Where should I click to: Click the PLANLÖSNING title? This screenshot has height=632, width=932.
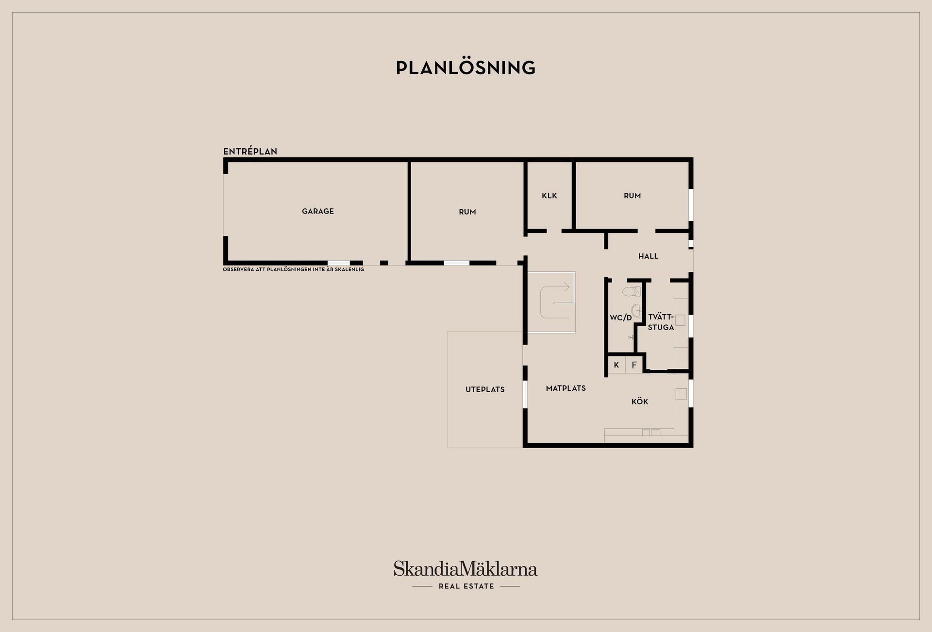point(466,68)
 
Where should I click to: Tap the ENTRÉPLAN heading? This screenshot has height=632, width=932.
point(250,151)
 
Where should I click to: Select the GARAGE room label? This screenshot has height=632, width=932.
point(318,211)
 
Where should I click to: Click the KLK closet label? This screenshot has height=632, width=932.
point(549,196)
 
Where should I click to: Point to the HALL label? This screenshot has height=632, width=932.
point(649,256)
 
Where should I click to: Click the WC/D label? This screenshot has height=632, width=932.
point(621,318)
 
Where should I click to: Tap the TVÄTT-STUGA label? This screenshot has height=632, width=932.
point(661,322)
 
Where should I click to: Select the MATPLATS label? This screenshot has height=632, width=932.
point(566,388)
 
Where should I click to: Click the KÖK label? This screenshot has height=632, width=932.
point(640,401)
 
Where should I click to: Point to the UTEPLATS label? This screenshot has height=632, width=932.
point(485,389)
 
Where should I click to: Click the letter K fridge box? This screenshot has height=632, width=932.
point(616,365)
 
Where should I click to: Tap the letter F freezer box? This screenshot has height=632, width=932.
point(634,365)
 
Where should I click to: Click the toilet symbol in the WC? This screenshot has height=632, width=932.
point(632,292)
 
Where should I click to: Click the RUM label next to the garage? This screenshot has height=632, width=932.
point(467,212)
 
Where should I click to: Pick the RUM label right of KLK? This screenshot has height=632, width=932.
point(632,196)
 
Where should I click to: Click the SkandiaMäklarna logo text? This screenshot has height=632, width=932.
point(466,568)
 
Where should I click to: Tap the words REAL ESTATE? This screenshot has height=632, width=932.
point(466,586)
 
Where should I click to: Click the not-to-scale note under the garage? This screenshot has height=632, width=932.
point(293,269)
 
